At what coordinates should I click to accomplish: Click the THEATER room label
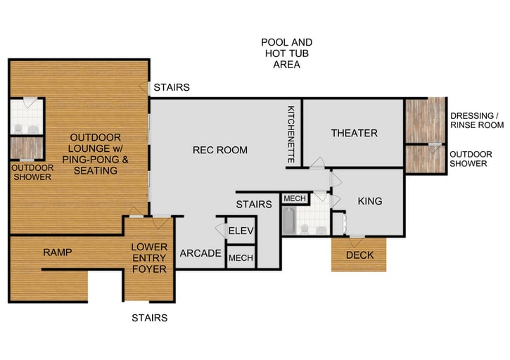(x=354, y=133)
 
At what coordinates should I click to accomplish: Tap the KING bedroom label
(x=369, y=201)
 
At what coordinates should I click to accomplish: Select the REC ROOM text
(x=220, y=150)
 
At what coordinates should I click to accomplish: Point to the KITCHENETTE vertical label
(x=291, y=135)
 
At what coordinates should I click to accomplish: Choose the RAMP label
(x=58, y=252)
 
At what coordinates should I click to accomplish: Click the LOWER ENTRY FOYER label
(x=149, y=258)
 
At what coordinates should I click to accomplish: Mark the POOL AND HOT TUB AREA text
(x=286, y=53)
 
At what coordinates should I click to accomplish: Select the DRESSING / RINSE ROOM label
(x=477, y=120)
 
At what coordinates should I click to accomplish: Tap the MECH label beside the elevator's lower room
(x=241, y=258)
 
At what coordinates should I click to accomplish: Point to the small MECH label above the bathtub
(x=293, y=199)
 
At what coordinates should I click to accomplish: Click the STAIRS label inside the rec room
(x=253, y=205)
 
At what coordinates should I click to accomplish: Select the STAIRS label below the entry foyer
(x=150, y=318)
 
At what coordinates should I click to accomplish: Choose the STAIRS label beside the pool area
(x=172, y=88)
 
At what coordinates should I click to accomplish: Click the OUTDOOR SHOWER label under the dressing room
(x=468, y=158)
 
